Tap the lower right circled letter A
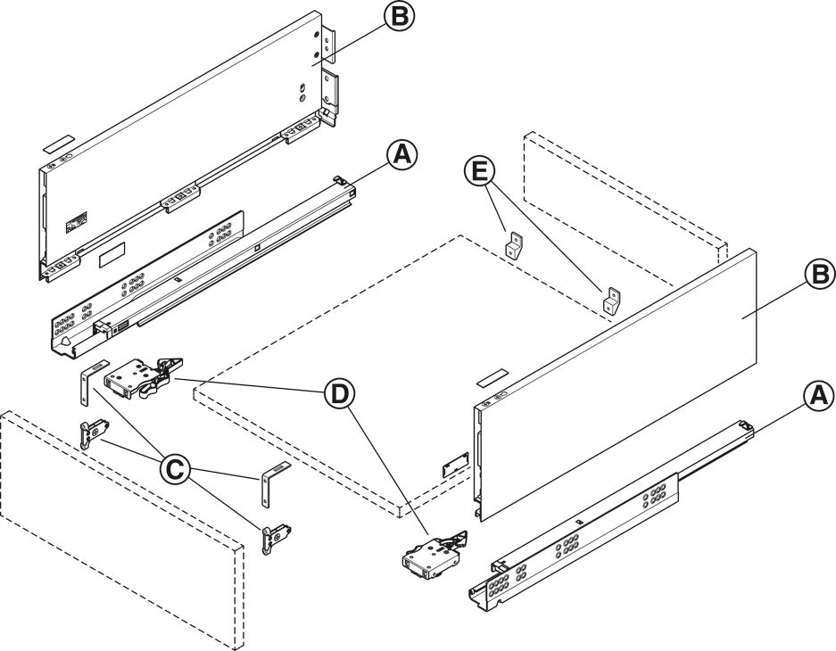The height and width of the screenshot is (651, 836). pos(818,393)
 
